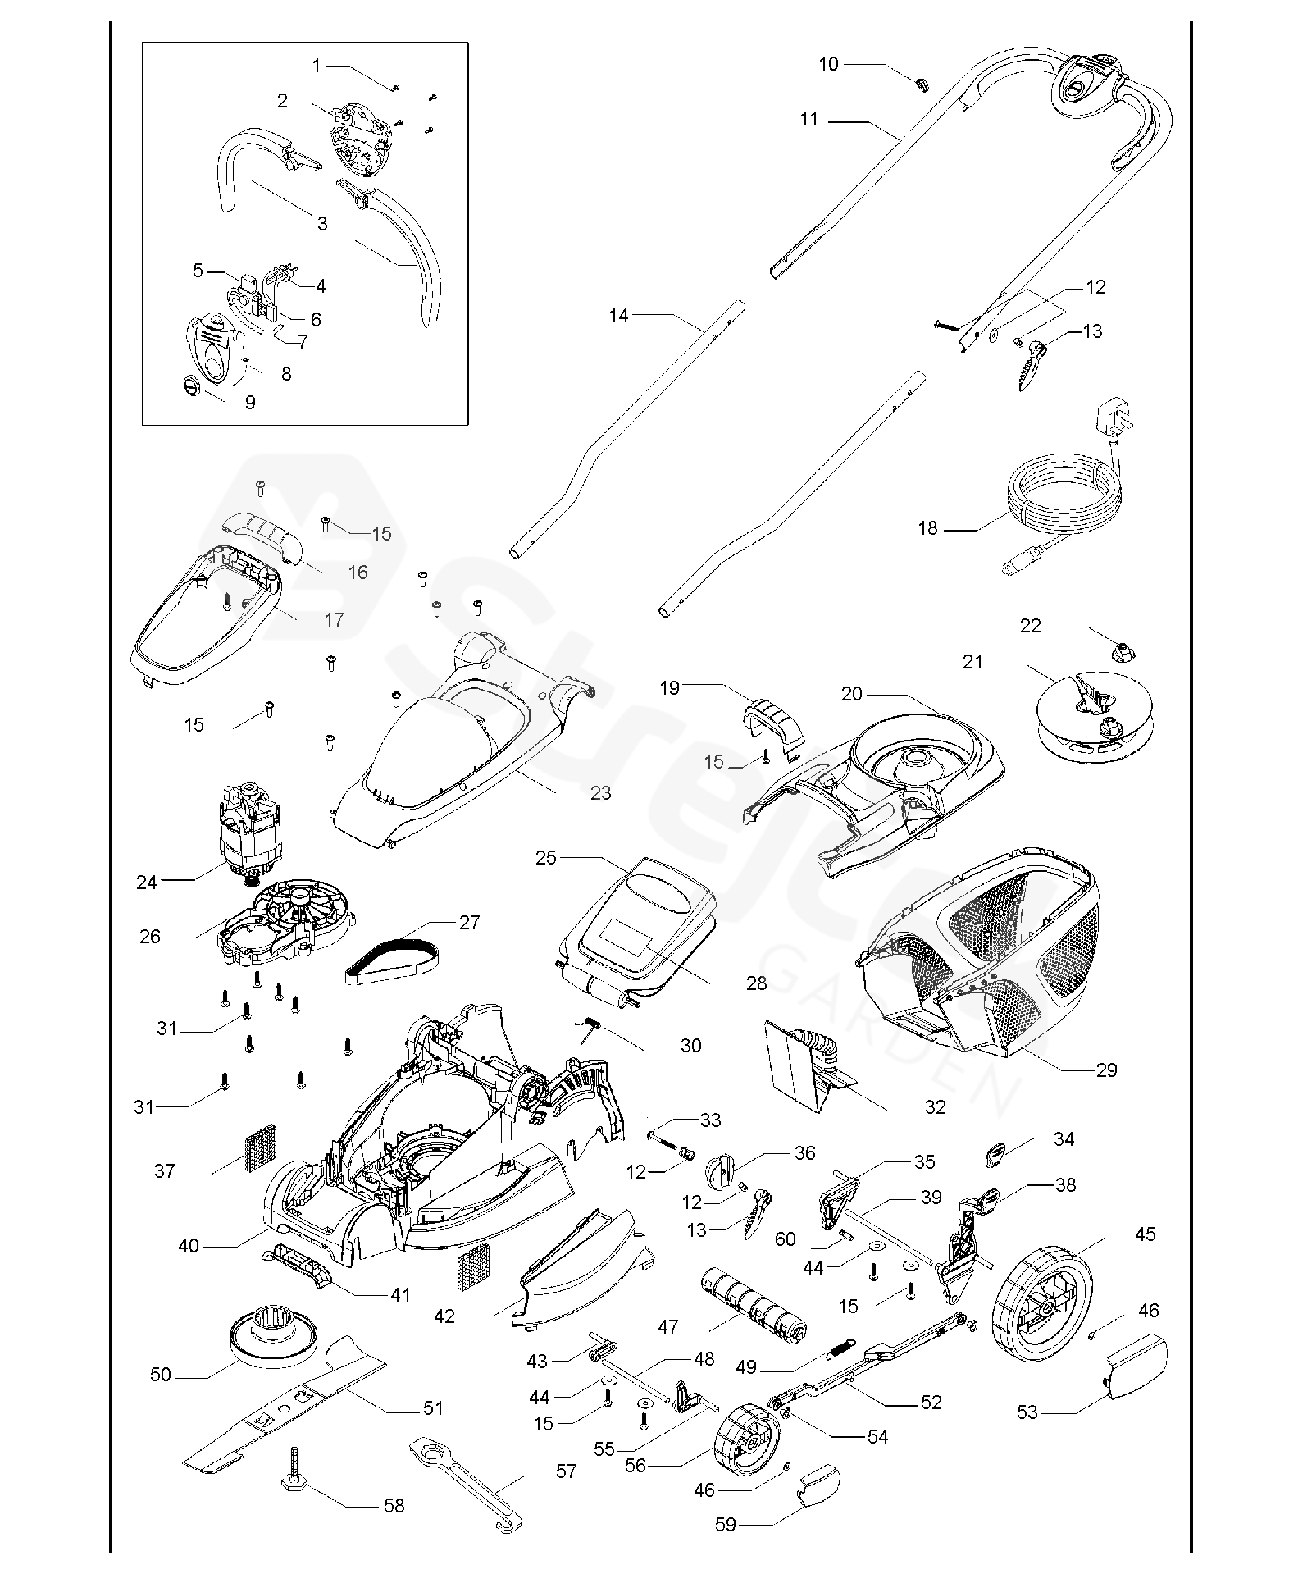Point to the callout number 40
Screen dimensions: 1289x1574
189,1246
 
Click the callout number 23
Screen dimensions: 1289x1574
601,793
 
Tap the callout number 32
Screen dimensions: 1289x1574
935,1107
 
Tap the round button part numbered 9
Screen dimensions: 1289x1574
194,384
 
